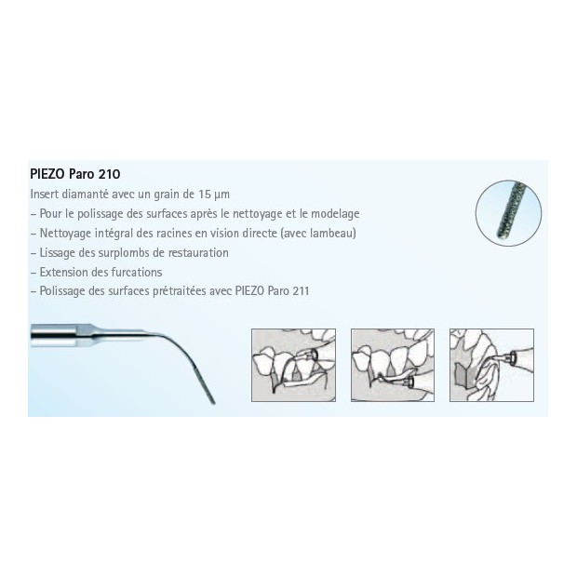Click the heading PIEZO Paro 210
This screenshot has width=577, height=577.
75,174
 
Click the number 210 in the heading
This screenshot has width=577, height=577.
109,174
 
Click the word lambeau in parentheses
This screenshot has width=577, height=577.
331,234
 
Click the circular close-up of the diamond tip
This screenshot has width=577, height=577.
508,213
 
